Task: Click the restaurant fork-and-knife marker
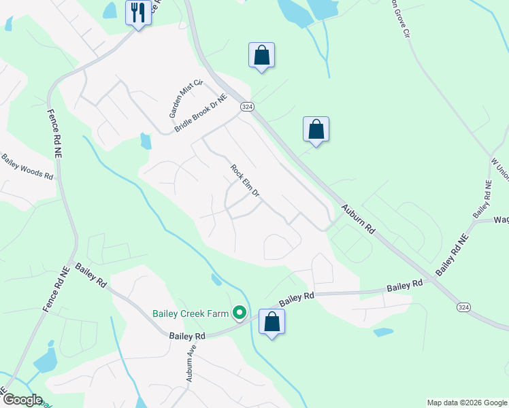tap(139, 12)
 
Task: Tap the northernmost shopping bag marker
tap(262, 55)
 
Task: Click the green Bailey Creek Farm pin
tap(239, 313)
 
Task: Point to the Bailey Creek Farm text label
tap(189, 313)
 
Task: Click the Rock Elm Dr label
tap(245, 181)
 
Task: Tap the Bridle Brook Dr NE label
tap(199, 113)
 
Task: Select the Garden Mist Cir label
tap(176, 97)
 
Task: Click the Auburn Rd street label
tap(359, 220)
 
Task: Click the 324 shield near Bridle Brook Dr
tap(246, 107)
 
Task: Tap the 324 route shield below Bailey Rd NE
tap(463, 307)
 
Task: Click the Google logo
tap(22, 400)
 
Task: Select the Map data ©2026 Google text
tap(467, 403)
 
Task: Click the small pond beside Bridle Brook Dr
tap(145, 141)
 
